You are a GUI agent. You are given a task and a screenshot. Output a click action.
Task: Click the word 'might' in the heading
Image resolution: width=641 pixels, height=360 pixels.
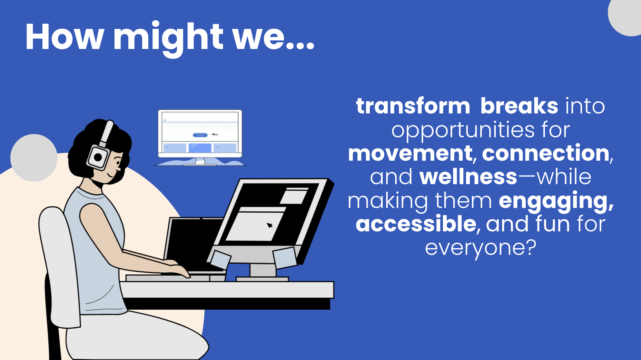168,39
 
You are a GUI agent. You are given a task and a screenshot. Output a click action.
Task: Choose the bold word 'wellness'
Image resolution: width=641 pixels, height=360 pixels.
468,177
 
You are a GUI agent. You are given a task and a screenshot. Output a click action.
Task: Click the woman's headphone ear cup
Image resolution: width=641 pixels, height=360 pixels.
98,157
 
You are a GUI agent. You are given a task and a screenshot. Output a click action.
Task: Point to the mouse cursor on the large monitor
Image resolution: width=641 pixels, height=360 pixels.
269,225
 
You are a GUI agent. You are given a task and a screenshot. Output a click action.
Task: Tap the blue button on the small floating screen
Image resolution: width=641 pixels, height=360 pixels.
200,135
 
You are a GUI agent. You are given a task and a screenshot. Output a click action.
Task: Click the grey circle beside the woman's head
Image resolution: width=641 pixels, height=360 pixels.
34,158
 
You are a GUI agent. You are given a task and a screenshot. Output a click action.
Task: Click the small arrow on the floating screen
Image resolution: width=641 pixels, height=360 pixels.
215,134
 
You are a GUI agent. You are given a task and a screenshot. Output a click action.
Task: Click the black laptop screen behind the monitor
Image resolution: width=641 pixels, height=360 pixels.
192,241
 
